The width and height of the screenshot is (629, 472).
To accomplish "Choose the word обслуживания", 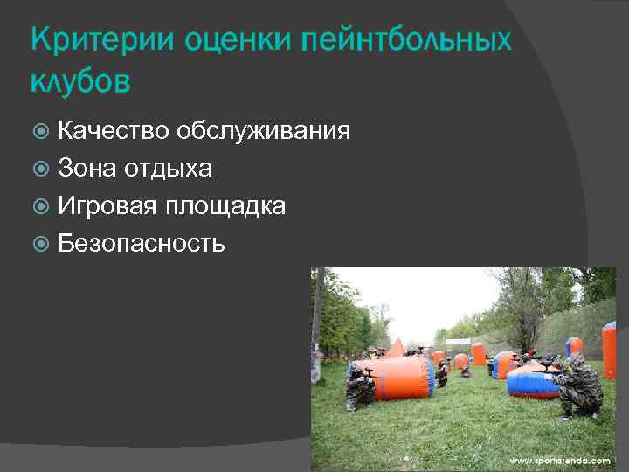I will pos(263,132).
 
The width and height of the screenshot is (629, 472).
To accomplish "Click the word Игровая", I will pos(108,206).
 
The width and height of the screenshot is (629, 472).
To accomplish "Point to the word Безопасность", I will pos(141,244).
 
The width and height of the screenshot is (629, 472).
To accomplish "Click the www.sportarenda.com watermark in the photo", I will pos(560,460).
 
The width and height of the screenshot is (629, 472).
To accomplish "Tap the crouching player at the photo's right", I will pos(577,384).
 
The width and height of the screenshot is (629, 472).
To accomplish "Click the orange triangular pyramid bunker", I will pos(396,349).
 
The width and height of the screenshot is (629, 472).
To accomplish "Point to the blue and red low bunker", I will pos(534,381).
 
